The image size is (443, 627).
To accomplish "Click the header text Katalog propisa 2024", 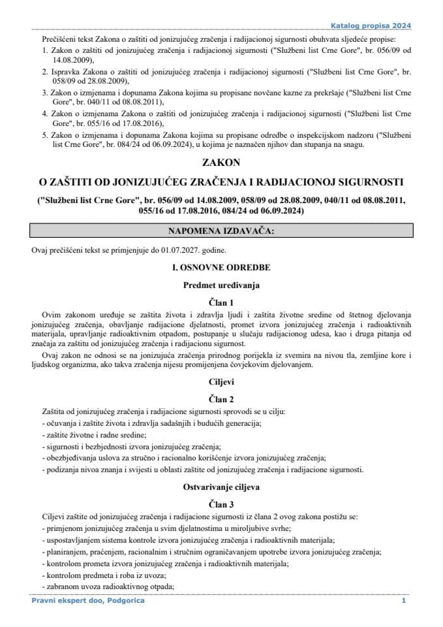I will coord(379,26).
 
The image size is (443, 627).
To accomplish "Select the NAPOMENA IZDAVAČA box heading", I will coord(221,231).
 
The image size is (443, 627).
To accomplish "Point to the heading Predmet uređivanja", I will coord(221,285).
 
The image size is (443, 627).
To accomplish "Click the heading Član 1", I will coord(221,302).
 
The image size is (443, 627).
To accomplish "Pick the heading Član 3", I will coord(221,504).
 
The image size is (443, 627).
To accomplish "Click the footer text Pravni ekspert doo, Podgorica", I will coord(88,600).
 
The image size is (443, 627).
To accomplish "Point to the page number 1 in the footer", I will coord(404,600).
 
